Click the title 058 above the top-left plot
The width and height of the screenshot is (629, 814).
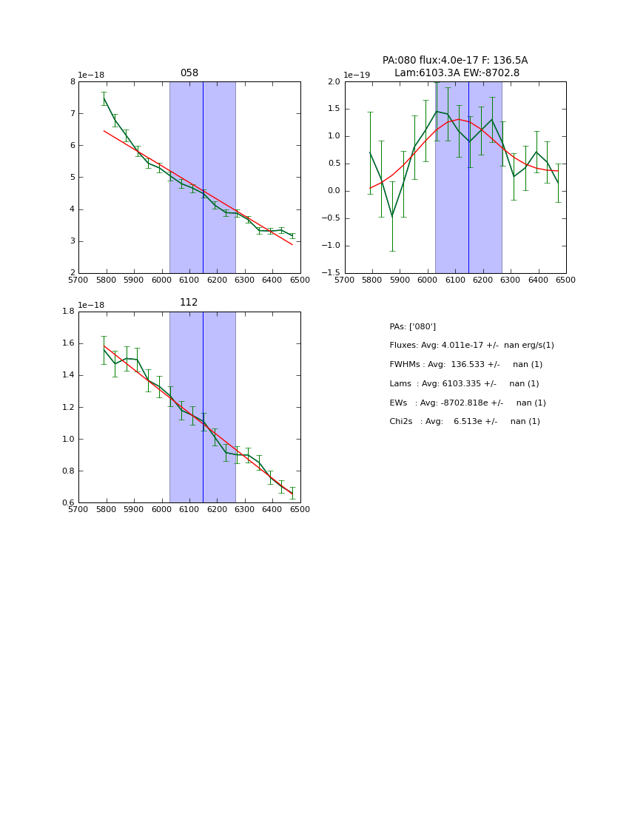[189, 73]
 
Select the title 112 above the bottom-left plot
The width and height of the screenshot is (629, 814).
[189, 303]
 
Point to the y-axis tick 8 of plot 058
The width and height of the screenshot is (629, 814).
[73, 81]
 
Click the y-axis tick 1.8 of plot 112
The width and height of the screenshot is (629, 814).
[68, 311]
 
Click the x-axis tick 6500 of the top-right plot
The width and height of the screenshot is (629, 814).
[566, 280]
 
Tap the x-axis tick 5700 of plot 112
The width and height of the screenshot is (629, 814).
[78, 510]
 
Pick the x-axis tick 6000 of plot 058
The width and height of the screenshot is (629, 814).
[161, 280]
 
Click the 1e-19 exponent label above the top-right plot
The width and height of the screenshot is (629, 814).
[357, 75]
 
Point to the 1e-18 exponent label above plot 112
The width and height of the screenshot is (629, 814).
[91, 305]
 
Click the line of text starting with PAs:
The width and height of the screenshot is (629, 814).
[412, 327]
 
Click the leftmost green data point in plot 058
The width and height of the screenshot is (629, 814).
[104, 98]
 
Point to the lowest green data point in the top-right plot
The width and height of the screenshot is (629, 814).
[392, 216]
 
